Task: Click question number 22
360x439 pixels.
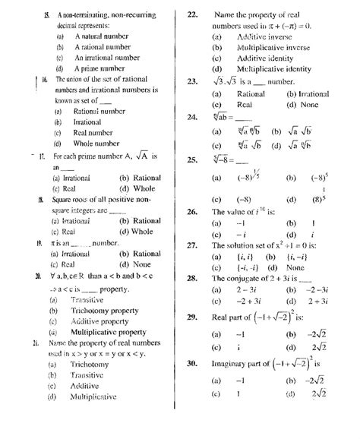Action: tap(193, 14)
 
